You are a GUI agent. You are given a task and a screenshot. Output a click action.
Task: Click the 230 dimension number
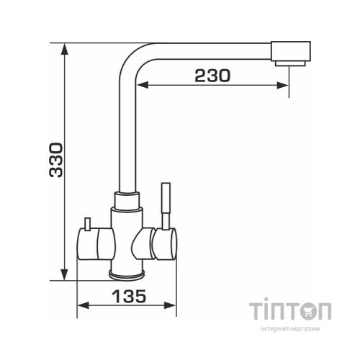[212, 76]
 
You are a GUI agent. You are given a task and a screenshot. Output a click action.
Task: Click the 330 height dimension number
[56, 160]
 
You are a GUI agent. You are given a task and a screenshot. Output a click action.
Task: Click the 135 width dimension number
[129, 296]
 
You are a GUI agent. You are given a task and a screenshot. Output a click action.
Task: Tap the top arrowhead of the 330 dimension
[64, 49]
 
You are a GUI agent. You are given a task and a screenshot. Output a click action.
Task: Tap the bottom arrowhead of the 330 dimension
[64, 274]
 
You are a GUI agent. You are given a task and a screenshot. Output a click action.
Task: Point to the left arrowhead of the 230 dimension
[143, 85]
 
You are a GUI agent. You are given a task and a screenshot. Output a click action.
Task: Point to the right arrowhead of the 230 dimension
[283, 85]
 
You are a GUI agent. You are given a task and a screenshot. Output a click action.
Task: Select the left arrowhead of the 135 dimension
[83, 305]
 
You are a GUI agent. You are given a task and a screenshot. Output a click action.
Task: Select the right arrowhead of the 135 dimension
[170, 305]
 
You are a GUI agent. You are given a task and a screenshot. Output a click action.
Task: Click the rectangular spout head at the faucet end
[291, 51]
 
